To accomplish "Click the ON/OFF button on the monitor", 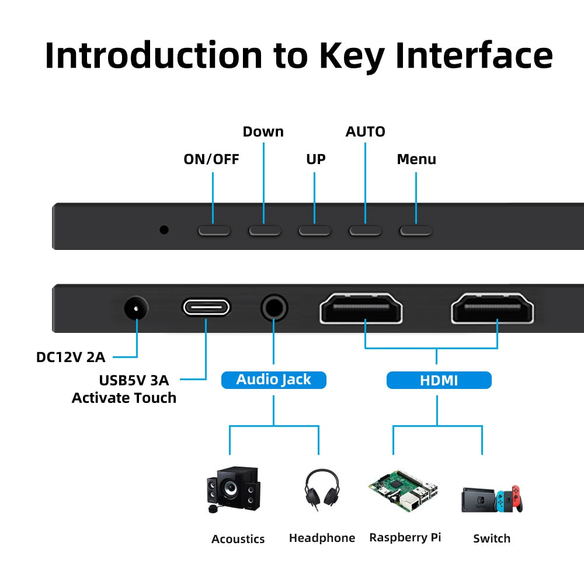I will (214, 230).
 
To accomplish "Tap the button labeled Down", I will (265, 230).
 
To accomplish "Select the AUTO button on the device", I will (366, 230).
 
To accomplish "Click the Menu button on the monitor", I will (416, 230).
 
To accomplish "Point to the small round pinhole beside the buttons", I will (164, 230).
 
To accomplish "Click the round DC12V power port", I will (136, 307).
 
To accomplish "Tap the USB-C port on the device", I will (206, 307).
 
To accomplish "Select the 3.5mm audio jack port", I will (274, 307).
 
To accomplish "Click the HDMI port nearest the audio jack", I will (361, 308).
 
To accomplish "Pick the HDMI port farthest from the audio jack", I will (493, 308).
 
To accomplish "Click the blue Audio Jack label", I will (273, 380).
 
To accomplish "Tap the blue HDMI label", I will (439, 381).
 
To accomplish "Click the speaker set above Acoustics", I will (234, 489).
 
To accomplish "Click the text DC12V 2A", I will (71, 357).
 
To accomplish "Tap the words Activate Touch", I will (124, 398).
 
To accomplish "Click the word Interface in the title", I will (474, 55).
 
